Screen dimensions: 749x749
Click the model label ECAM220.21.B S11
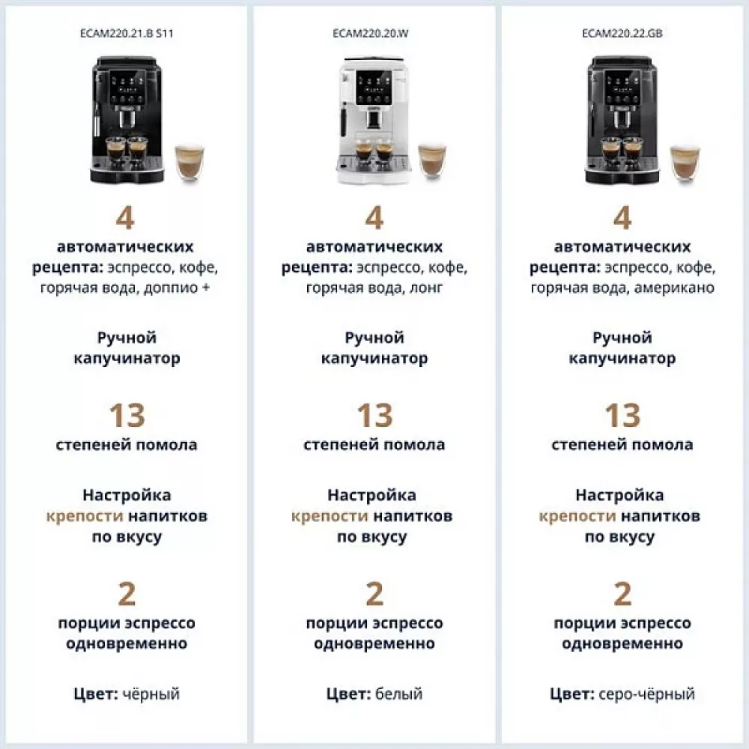(127, 34)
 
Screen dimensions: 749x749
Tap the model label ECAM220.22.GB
(622, 34)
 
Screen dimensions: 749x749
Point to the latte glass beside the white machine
(432, 161)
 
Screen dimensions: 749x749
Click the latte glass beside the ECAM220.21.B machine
(188, 161)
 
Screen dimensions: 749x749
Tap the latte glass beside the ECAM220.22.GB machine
(684, 161)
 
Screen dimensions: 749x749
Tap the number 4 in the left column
(126, 218)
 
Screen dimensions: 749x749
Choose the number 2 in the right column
(622, 594)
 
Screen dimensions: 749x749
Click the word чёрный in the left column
(151, 694)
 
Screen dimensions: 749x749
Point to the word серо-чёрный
(646, 694)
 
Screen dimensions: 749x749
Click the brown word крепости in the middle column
(330, 516)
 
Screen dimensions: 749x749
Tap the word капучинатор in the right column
(622, 359)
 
